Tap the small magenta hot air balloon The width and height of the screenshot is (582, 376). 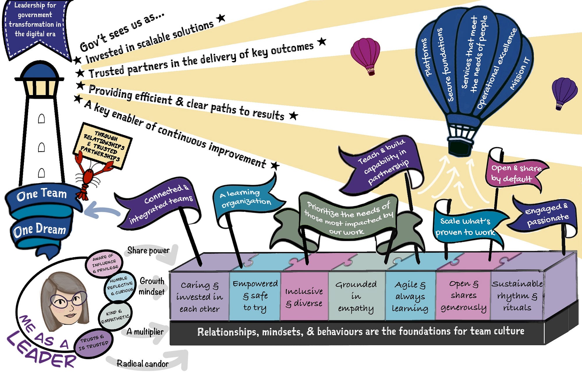pos(365,54)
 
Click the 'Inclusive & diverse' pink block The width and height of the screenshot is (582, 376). pos(304,297)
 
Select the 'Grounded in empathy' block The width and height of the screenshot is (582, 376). pos(356,297)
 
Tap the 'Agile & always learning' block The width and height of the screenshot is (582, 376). pos(410,297)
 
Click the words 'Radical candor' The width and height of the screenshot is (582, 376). pos(142,364)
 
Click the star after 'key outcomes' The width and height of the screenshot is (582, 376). pos(322,41)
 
